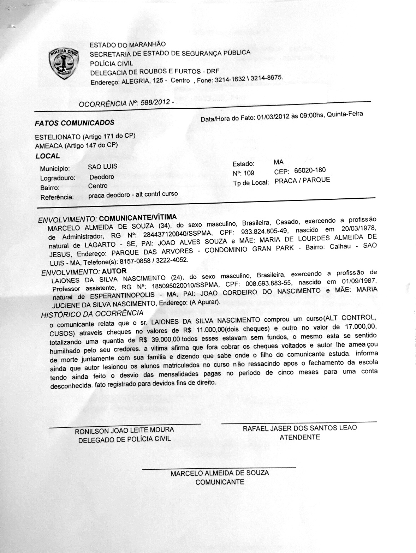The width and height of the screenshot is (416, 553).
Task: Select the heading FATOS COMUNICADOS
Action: (x=75, y=123)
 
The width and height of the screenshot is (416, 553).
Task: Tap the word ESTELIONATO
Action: (x=58, y=137)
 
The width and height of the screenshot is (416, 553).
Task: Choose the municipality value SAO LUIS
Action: (x=103, y=167)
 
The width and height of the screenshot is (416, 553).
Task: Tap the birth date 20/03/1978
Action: (x=357, y=228)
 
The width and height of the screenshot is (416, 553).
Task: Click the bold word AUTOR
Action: (x=114, y=271)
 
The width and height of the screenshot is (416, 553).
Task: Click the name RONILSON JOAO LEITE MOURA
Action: (x=124, y=431)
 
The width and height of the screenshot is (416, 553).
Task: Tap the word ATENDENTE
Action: (x=300, y=437)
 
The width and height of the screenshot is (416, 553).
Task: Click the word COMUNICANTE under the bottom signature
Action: (x=220, y=482)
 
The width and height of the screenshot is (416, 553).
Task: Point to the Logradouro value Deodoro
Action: (x=102, y=176)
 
